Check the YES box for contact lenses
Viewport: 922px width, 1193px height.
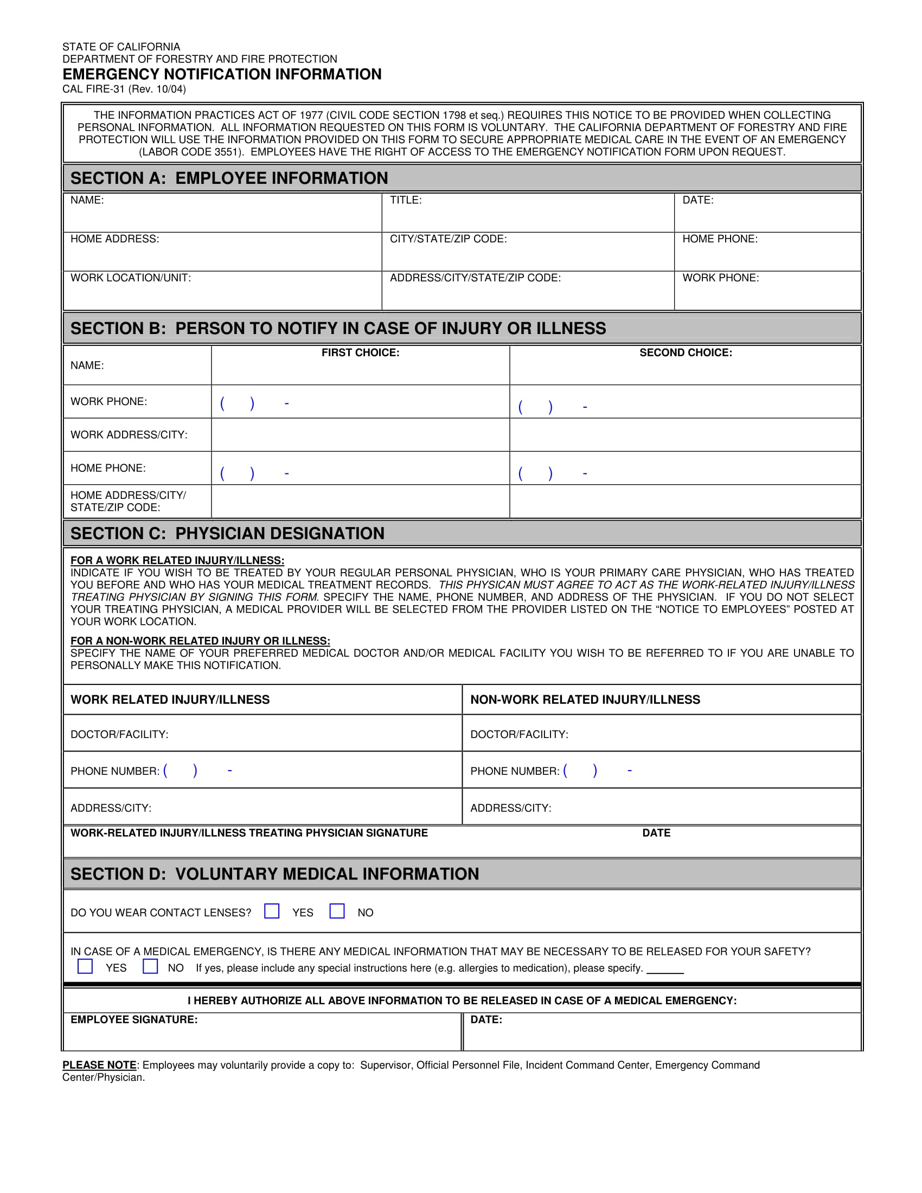(x=272, y=911)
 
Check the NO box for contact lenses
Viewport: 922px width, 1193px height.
(x=337, y=911)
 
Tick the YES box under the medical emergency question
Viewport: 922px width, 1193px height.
(x=85, y=966)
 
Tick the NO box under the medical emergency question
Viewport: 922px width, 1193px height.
(x=150, y=966)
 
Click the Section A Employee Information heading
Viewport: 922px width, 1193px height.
(x=229, y=178)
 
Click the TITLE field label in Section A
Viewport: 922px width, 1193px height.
(x=405, y=200)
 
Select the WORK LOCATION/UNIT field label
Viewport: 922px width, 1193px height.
(x=131, y=278)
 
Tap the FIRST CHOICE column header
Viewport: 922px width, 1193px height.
(x=360, y=353)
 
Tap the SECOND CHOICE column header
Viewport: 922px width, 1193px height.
(x=686, y=353)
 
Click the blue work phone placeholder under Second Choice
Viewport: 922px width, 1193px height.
(x=552, y=407)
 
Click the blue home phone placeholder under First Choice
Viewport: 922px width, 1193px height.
(x=254, y=473)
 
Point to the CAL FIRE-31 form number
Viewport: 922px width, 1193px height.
(x=124, y=89)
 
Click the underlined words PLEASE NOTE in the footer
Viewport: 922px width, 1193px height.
(x=99, y=1065)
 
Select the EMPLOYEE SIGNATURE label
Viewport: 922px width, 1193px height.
(x=134, y=1020)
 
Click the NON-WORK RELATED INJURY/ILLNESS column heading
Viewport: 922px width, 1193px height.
(x=585, y=700)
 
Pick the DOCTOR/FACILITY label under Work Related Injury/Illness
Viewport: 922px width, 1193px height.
(x=119, y=734)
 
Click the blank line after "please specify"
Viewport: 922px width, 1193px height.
(x=665, y=969)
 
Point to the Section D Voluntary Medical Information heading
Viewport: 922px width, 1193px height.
(x=274, y=874)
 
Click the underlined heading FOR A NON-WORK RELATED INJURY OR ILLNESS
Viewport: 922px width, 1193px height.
(x=200, y=641)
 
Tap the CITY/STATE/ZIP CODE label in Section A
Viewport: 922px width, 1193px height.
(x=448, y=239)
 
